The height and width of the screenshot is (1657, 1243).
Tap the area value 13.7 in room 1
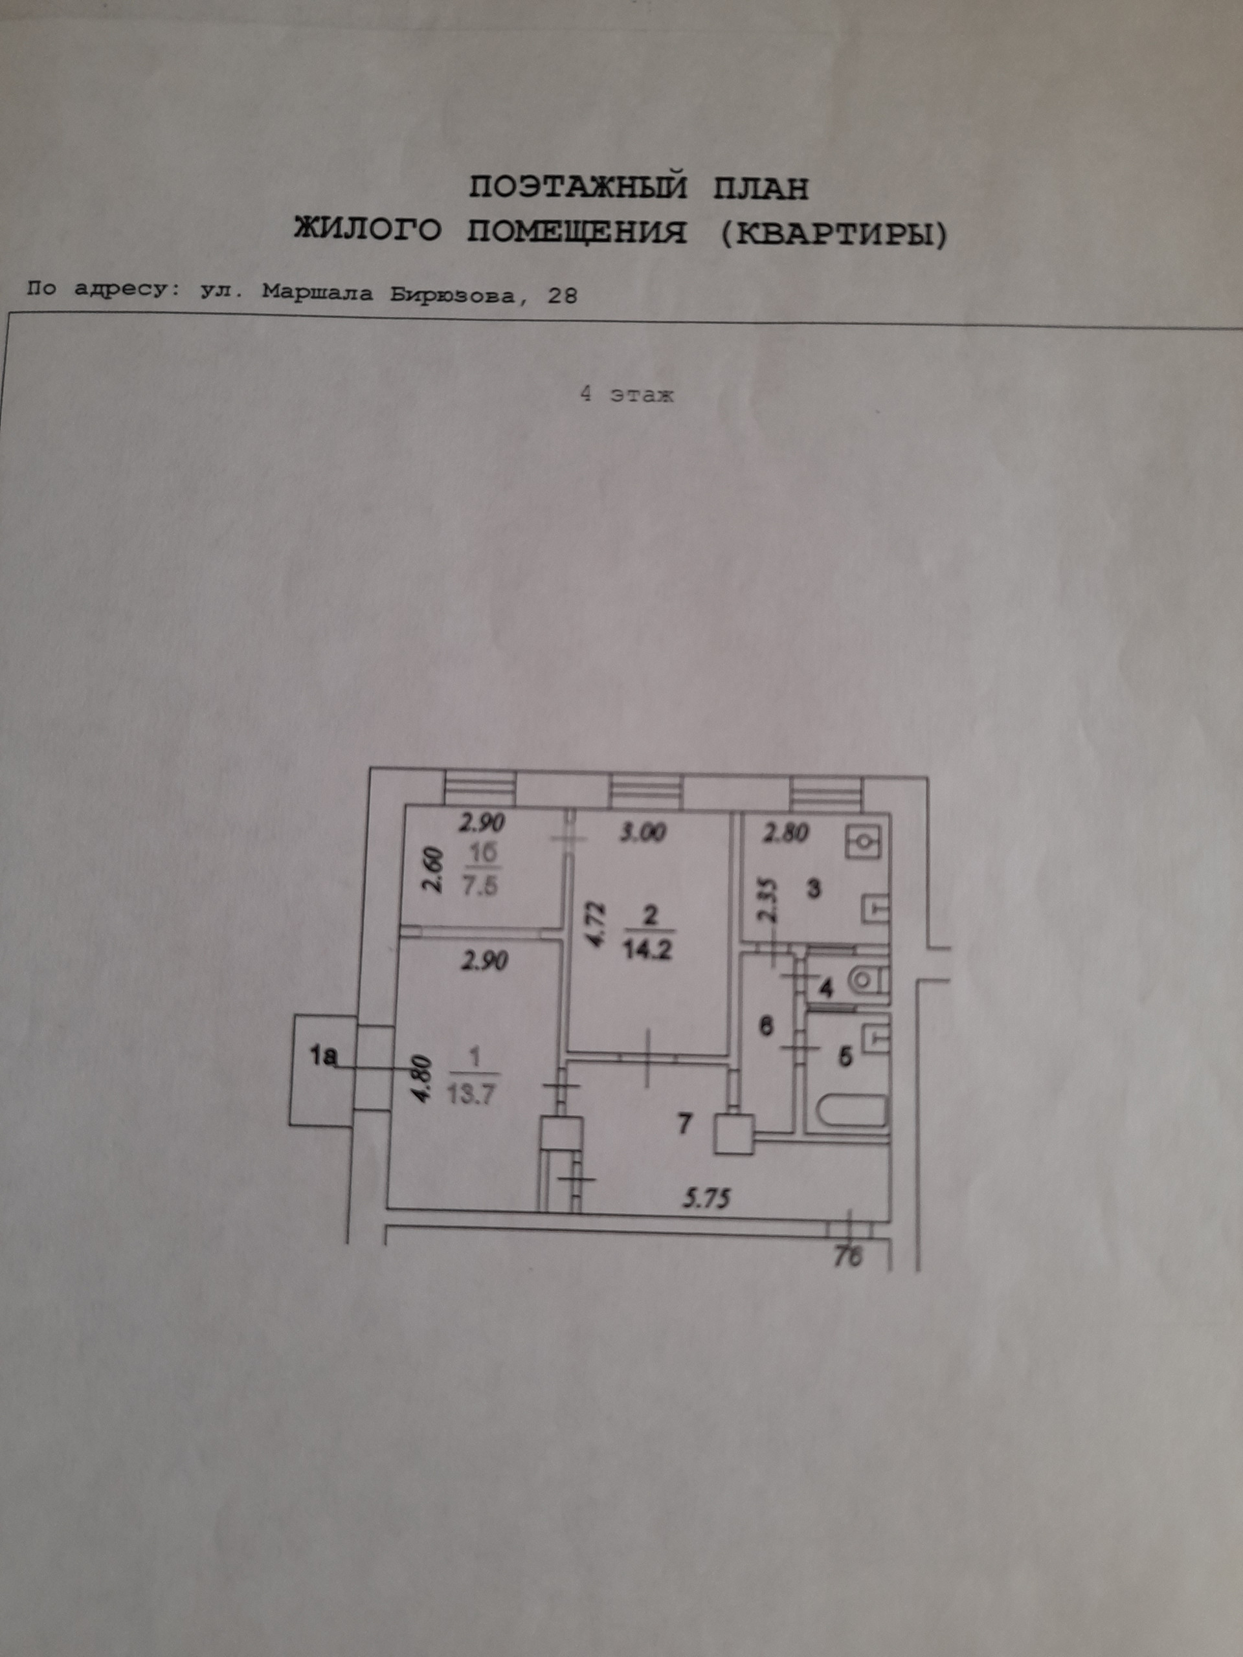(472, 1095)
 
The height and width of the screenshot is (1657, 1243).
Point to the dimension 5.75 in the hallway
(706, 1199)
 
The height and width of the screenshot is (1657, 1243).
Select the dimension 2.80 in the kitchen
(785, 832)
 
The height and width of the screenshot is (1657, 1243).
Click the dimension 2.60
(435, 871)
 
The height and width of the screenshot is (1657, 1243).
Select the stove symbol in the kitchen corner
(866, 842)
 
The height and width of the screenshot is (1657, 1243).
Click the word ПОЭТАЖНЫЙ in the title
(577, 187)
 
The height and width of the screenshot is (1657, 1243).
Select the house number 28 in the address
(562, 296)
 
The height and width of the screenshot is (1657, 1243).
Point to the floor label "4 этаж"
(627, 395)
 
